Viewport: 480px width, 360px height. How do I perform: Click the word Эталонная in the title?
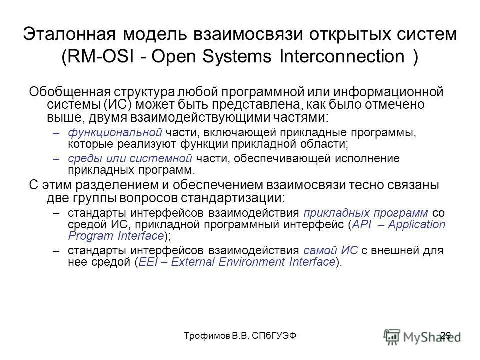coord(69,34)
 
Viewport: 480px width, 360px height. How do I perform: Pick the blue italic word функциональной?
coord(115,132)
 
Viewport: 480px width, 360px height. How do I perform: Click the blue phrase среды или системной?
coord(130,159)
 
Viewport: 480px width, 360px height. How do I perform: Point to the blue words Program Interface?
coord(116,235)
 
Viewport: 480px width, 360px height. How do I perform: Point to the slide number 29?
coord(446,335)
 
